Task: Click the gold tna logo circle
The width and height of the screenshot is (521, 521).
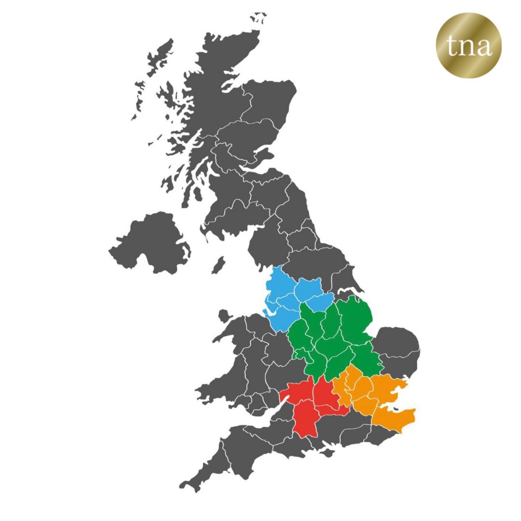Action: [x=468, y=46]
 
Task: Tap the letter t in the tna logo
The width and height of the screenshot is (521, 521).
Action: [x=451, y=46]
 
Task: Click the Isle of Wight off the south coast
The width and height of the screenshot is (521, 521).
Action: [x=328, y=452]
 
